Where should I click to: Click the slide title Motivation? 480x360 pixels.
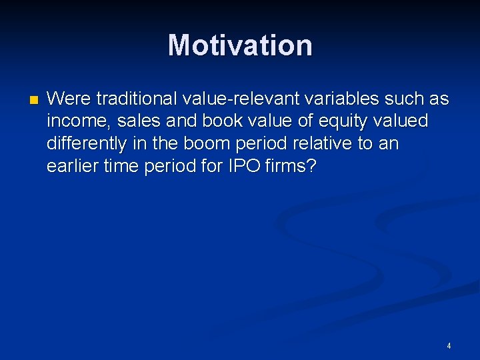point(240,45)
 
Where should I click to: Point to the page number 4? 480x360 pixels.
point(449,345)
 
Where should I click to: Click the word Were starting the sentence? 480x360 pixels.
point(69,99)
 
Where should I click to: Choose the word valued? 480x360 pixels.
point(404,121)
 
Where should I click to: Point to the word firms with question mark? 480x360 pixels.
point(287,165)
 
